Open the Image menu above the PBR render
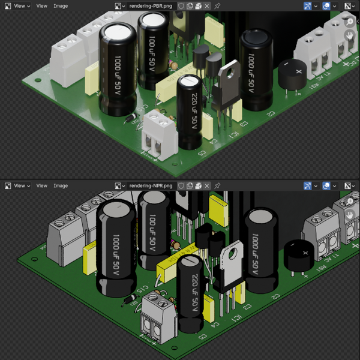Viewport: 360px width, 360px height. [61, 5]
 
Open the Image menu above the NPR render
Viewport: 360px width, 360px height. [61, 185]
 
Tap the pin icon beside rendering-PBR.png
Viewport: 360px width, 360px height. [217, 5]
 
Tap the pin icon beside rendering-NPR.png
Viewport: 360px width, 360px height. [217, 185]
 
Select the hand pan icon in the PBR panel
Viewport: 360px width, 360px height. [350, 35]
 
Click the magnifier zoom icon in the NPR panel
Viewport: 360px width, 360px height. [350, 201]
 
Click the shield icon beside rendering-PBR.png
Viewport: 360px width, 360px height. [181, 5]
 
